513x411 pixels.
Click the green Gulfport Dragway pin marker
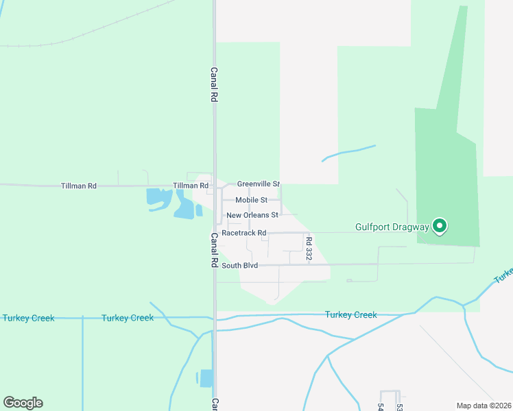click(x=439, y=225)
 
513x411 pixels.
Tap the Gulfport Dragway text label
click(x=392, y=227)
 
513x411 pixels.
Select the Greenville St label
click(x=259, y=184)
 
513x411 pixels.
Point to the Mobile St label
click(x=251, y=200)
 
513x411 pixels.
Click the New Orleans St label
click(x=252, y=215)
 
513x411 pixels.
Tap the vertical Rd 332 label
click(x=309, y=248)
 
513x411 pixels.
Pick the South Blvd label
click(x=239, y=265)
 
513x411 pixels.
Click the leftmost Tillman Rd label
click(x=79, y=186)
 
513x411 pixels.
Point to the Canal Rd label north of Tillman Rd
click(x=214, y=84)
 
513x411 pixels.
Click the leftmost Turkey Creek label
click(x=28, y=318)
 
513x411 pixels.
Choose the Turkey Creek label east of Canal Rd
click(x=350, y=315)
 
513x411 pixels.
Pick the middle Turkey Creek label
click(x=127, y=318)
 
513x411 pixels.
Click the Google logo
click(x=23, y=403)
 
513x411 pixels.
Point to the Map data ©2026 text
click(x=484, y=406)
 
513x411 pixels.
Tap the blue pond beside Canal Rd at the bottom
click(x=206, y=378)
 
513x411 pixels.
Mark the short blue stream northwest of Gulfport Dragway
click(x=348, y=152)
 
